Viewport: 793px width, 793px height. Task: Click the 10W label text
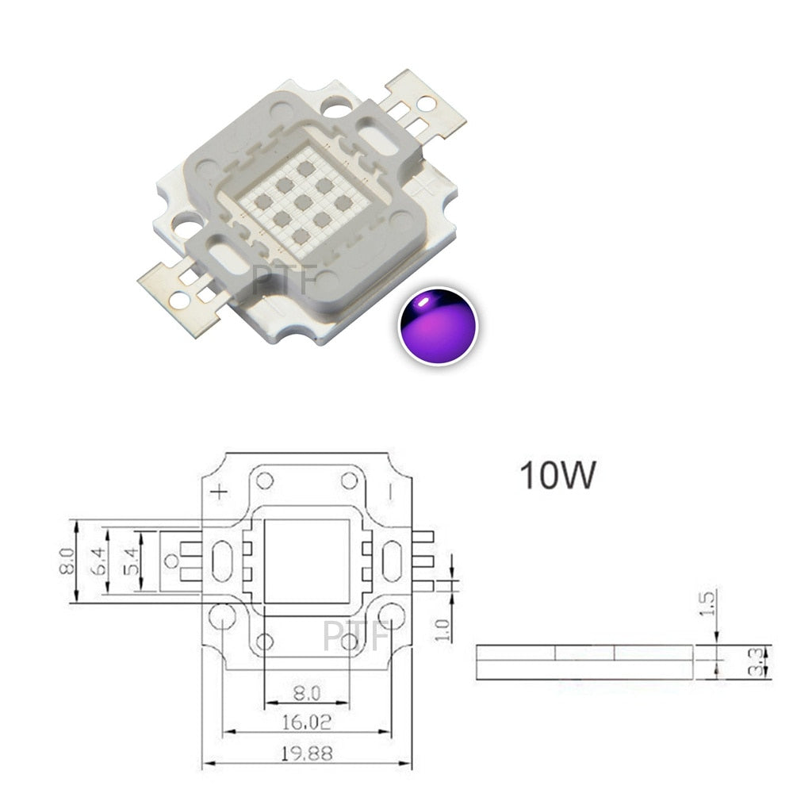[x=557, y=475]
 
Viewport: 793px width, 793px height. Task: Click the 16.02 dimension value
[x=306, y=723]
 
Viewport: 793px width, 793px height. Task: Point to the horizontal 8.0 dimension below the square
[x=306, y=693]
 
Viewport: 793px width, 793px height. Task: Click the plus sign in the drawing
[x=218, y=492]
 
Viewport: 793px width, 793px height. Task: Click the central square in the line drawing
[x=306, y=561]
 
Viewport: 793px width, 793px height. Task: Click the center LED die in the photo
[x=301, y=200]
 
